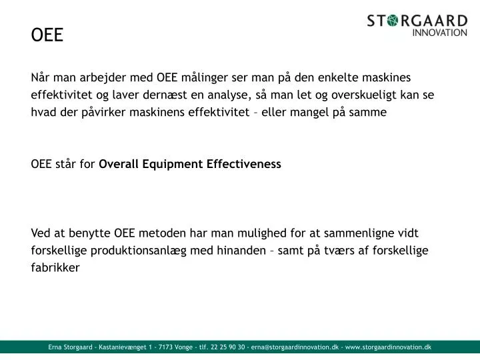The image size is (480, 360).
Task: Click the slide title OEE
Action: (x=47, y=35)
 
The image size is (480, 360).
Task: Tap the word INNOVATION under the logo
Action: (x=440, y=32)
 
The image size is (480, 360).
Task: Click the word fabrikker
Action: (x=55, y=268)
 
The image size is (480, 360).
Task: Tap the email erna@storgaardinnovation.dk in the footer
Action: (x=295, y=347)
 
